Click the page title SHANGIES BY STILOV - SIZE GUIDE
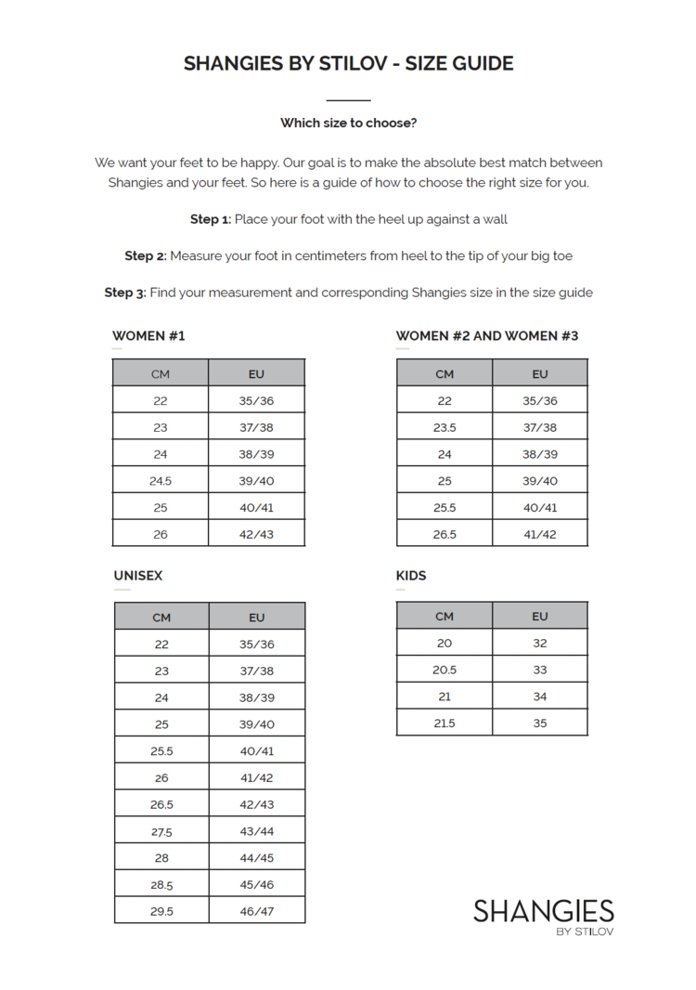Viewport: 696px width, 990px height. pyautogui.click(x=348, y=63)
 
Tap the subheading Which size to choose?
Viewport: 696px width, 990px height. pyautogui.click(x=348, y=123)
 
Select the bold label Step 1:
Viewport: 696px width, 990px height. pyautogui.click(x=210, y=219)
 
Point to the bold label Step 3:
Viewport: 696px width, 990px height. pyautogui.click(x=124, y=293)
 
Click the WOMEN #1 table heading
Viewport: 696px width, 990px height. pyautogui.click(x=148, y=335)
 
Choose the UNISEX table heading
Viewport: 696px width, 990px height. pyautogui.click(x=138, y=576)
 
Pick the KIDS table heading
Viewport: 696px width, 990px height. pyautogui.click(x=411, y=576)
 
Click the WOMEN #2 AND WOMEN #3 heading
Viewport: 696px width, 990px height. pyautogui.click(x=487, y=335)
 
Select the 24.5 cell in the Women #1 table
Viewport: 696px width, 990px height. pyautogui.click(x=161, y=481)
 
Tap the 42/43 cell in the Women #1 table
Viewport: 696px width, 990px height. pyautogui.click(x=257, y=534)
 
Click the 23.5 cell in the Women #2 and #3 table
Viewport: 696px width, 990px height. pyautogui.click(x=445, y=427)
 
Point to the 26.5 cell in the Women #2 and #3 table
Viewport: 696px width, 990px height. pyautogui.click(x=445, y=534)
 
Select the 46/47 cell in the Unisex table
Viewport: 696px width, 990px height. pyautogui.click(x=257, y=911)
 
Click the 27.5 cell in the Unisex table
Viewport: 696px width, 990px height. pyautogui.click(x=161, y=831)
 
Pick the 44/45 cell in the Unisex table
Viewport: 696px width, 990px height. pyautogui.click(x=257, y=857)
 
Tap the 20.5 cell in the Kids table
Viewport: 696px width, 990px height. pyautogui.click(x=445, y=670)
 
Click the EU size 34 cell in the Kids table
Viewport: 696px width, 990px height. pyautogui.click(x=540, y=697)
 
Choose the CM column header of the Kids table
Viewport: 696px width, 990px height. pyautogui.click(x=445, y=616)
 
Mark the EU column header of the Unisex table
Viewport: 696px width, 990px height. pyautogui.click(x=257, y=617)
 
